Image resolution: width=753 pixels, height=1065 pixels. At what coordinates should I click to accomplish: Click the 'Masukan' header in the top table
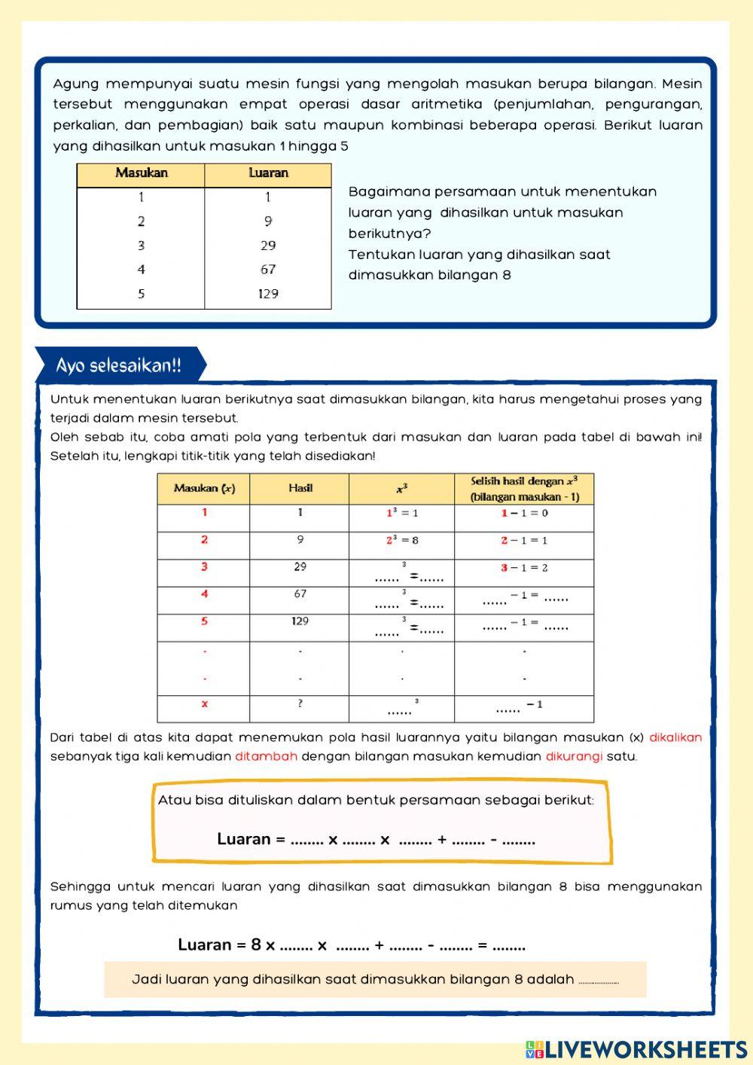[141, 173]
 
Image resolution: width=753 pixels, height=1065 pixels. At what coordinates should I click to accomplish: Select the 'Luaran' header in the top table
[268, 173]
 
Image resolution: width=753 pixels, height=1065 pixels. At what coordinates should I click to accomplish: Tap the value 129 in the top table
[268, 294]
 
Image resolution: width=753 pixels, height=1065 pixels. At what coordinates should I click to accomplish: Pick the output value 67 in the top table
[268, 270]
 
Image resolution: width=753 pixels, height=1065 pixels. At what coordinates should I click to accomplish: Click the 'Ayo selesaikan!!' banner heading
[118, 366]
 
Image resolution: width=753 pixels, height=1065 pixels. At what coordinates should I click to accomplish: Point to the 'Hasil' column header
[300, 488]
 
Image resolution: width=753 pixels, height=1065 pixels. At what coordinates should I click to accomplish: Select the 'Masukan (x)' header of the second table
[204, 488]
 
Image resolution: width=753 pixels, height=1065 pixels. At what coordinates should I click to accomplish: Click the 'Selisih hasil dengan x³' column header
[524, 489]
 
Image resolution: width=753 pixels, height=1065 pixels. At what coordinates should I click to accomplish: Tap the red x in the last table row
[204, 704]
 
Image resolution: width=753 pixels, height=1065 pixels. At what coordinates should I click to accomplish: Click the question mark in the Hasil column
[300, 703]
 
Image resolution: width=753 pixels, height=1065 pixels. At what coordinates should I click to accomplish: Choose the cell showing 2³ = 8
[402, 540]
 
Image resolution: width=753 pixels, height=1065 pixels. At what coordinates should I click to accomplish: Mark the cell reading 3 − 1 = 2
[524, 568]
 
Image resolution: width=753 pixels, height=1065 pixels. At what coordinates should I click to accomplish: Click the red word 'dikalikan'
[675, 737]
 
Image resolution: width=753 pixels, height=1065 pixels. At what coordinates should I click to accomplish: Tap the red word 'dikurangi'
[574, 756]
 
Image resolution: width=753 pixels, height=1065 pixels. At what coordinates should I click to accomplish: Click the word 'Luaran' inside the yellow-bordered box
[243, 839]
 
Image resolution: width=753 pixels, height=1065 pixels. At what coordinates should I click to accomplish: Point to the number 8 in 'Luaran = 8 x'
[256, 944]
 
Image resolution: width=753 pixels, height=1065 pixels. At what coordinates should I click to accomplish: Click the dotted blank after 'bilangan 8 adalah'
[599, 981]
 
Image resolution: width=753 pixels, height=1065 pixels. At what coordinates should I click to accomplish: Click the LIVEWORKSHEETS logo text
[646, 1049]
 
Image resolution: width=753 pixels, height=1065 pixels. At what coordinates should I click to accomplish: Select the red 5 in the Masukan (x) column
[204, 621]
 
